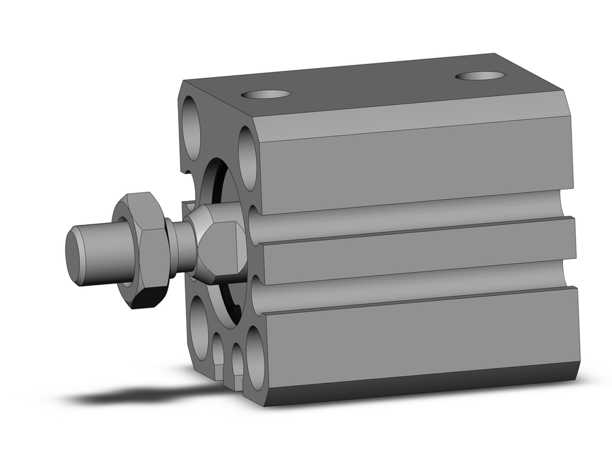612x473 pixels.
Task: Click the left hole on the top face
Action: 266,94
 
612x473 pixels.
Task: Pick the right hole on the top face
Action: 480,76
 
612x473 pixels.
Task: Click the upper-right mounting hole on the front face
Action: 248,158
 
